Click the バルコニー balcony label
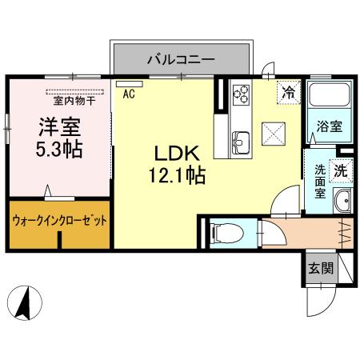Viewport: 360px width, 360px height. point(180,58)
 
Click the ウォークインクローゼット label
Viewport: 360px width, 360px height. point(59,220)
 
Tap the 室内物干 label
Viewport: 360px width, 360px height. point(74,100)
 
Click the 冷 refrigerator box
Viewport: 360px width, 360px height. point(288,92)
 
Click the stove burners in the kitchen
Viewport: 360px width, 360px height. point(241,94)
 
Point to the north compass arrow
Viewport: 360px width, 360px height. point(25,303)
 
